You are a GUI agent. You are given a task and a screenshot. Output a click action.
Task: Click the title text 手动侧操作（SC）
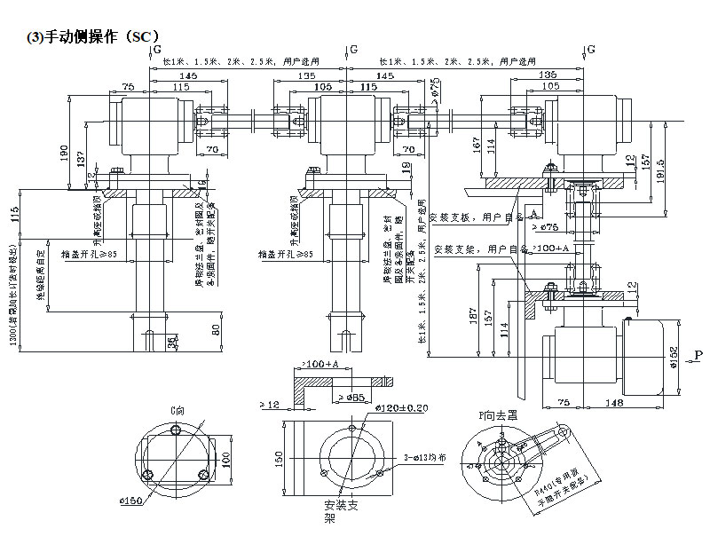94,36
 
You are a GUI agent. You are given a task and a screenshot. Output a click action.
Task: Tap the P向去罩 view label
500,414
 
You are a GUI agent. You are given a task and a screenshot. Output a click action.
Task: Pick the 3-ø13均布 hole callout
423,457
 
